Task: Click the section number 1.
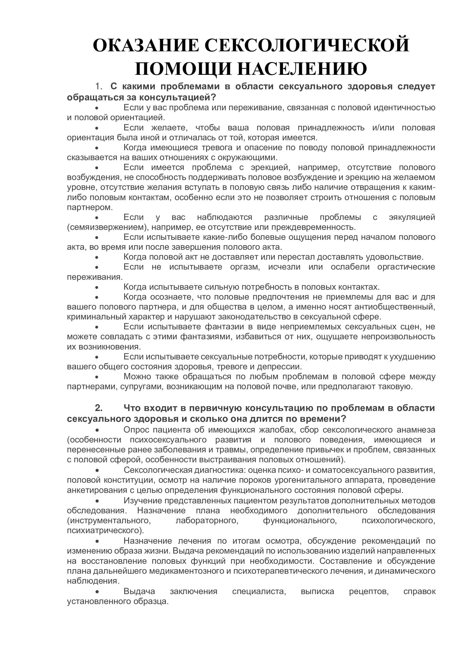point(99,86)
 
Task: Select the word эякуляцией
point(412,217)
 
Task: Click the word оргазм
point(245,267)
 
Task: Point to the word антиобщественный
point(394,307)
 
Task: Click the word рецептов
point(369,591)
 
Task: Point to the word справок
point(419,591)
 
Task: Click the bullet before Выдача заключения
point(97,592)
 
